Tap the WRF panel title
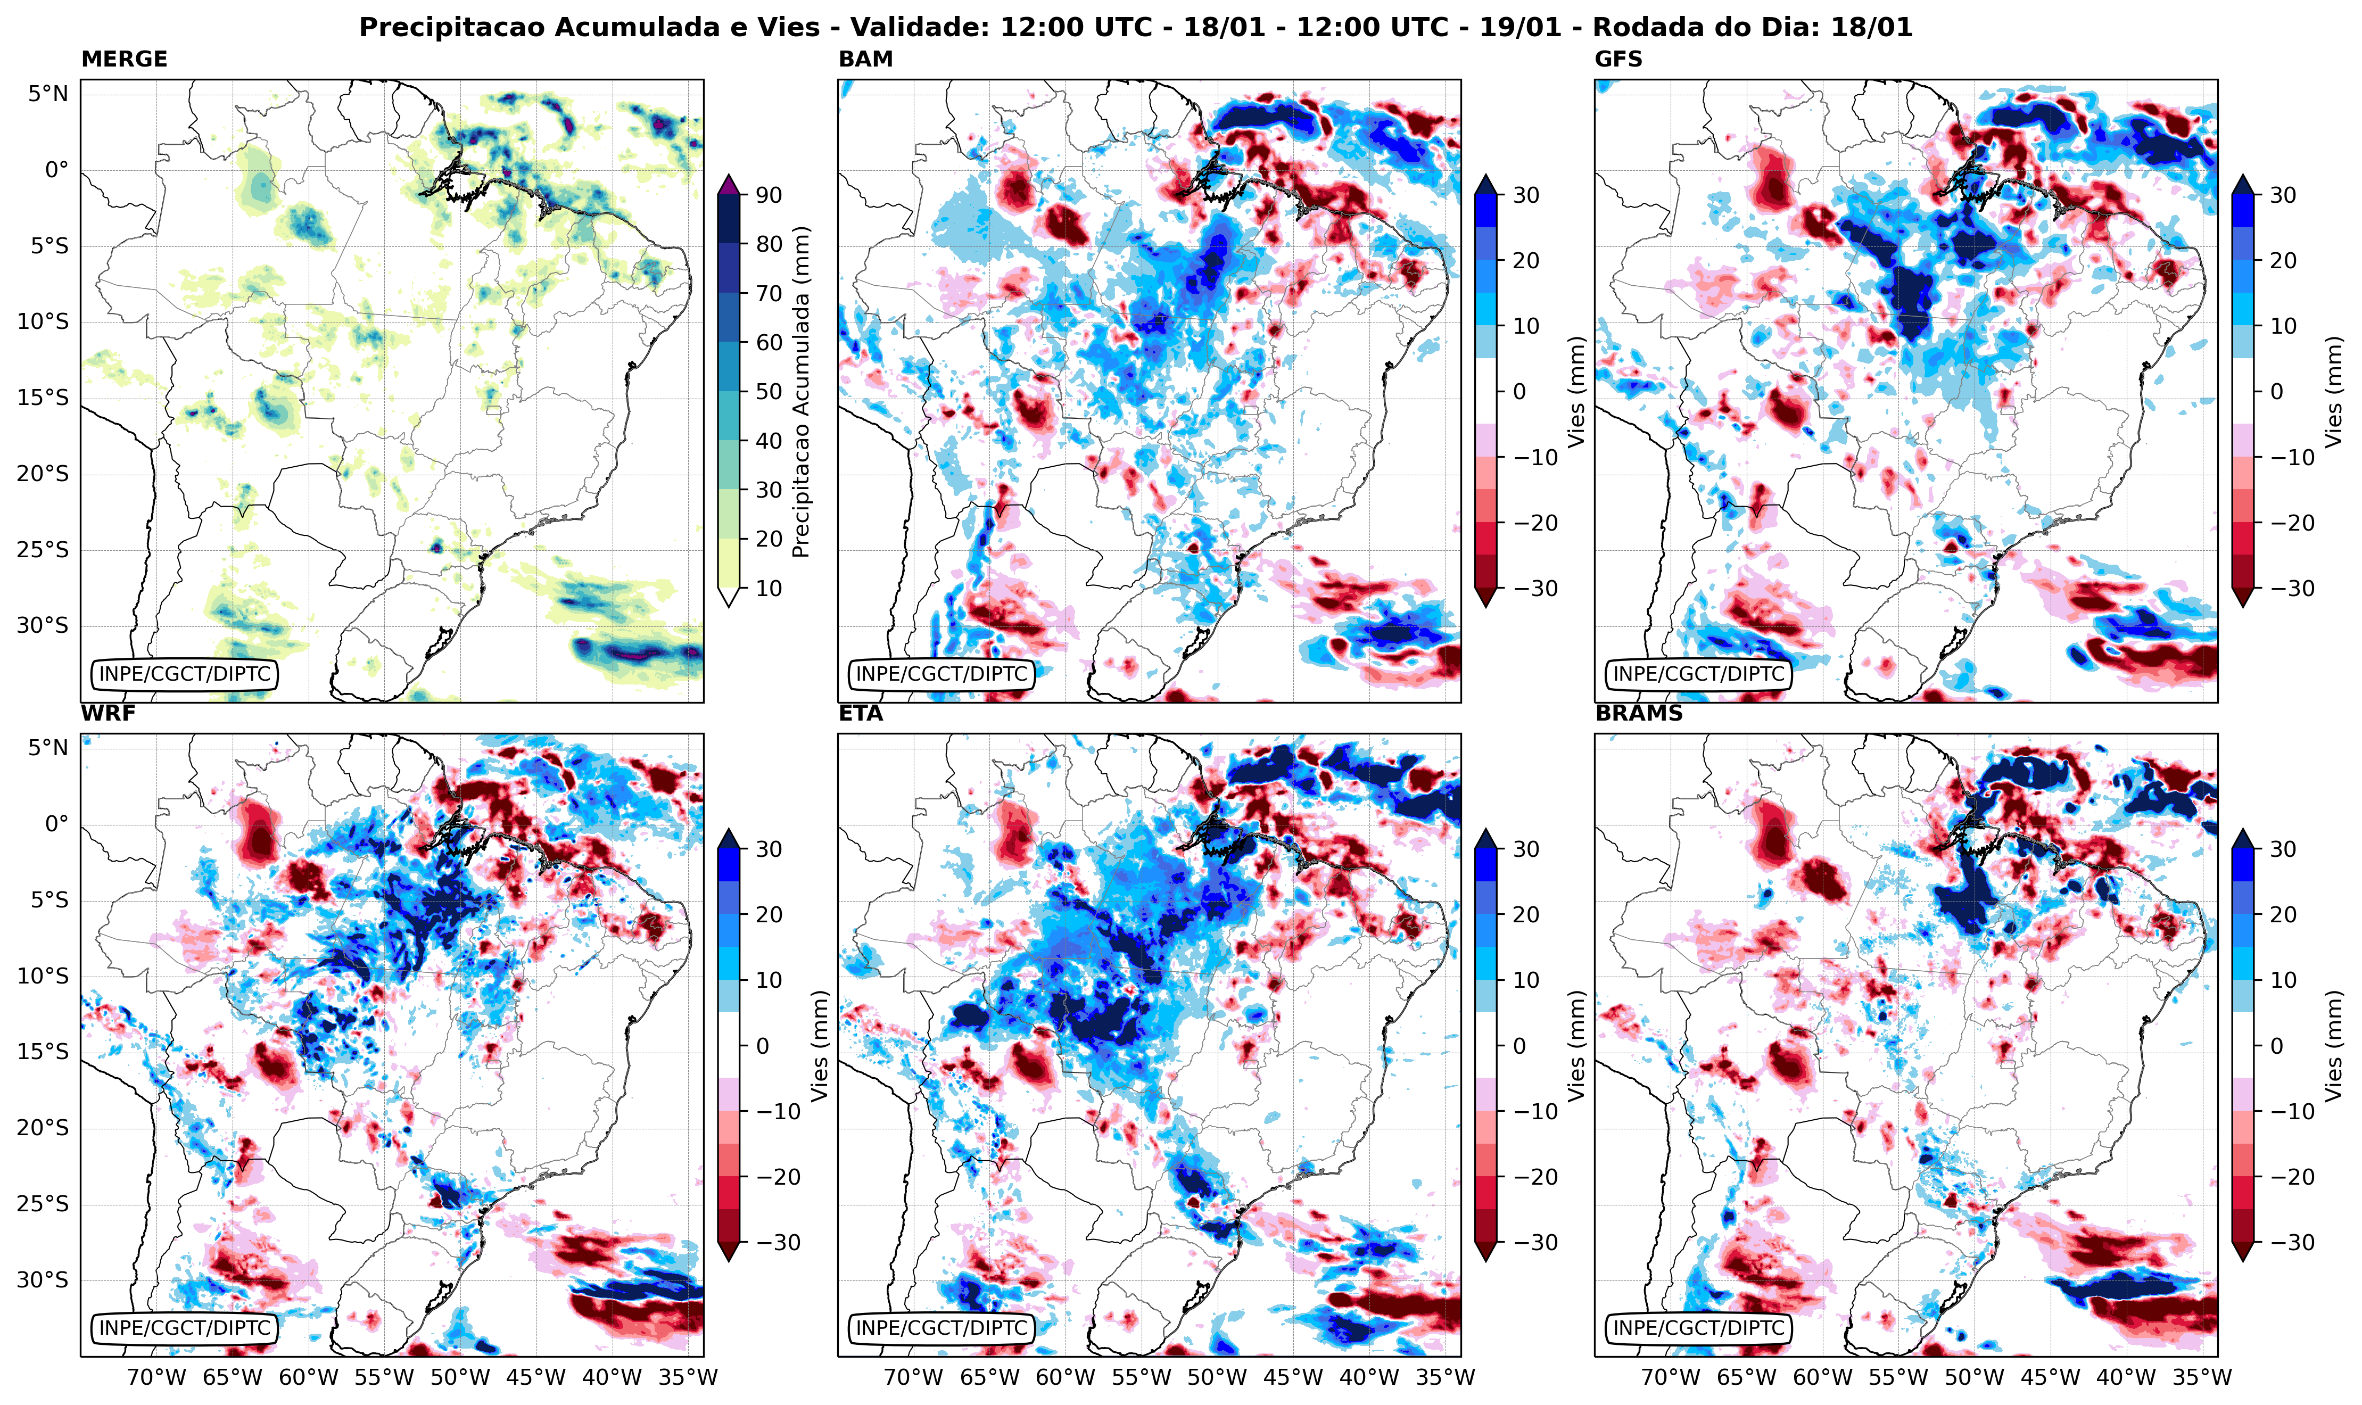click(x=108, y=713)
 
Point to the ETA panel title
click(x=861, y=713)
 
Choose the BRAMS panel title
click(x=1639, y=713)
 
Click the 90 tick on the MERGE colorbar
click(x=769, y=195)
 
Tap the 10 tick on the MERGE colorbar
click(x=769, y=588)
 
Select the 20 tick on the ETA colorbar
click(x=1525, y=914)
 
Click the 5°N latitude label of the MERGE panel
click(x=47, y=94)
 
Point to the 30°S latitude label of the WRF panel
click(x=42, y=1280)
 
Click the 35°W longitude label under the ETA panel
click(x=1444, y=1377)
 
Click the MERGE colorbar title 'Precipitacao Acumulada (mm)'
click(x=801, y=391)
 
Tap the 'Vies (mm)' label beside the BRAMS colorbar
click(x=2334, y=1045)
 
